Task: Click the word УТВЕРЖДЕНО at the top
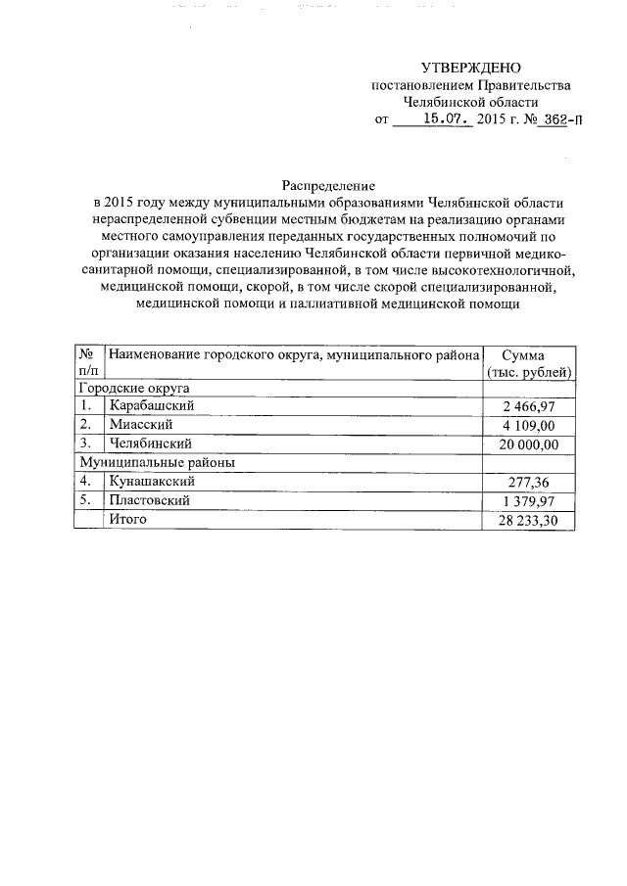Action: [x=470, y=68]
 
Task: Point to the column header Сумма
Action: [x=529, y=355]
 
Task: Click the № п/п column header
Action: [x=87, y=363]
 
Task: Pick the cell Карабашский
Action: [x=153, y=406]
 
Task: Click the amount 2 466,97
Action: [x=528, y=406]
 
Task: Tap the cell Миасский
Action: [x=142, y=425]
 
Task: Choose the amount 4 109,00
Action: [x=528, y=425]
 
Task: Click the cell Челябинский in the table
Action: [x=151, y=443]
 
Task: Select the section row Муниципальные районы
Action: [x=157, y=462]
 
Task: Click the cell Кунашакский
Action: [x=153, y=481]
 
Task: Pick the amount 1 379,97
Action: [x=528, y=500]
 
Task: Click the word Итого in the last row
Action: [x=128, y=519]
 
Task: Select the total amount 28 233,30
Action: [x=525, y=519]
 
